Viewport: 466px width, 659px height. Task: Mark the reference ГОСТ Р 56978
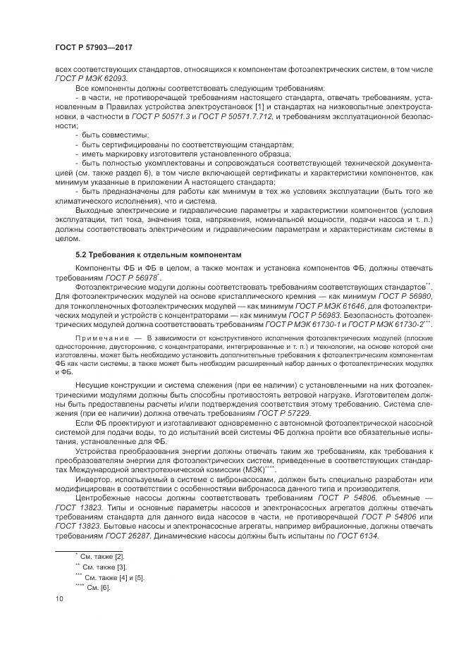pyautogui.click(x=113, y=278)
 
